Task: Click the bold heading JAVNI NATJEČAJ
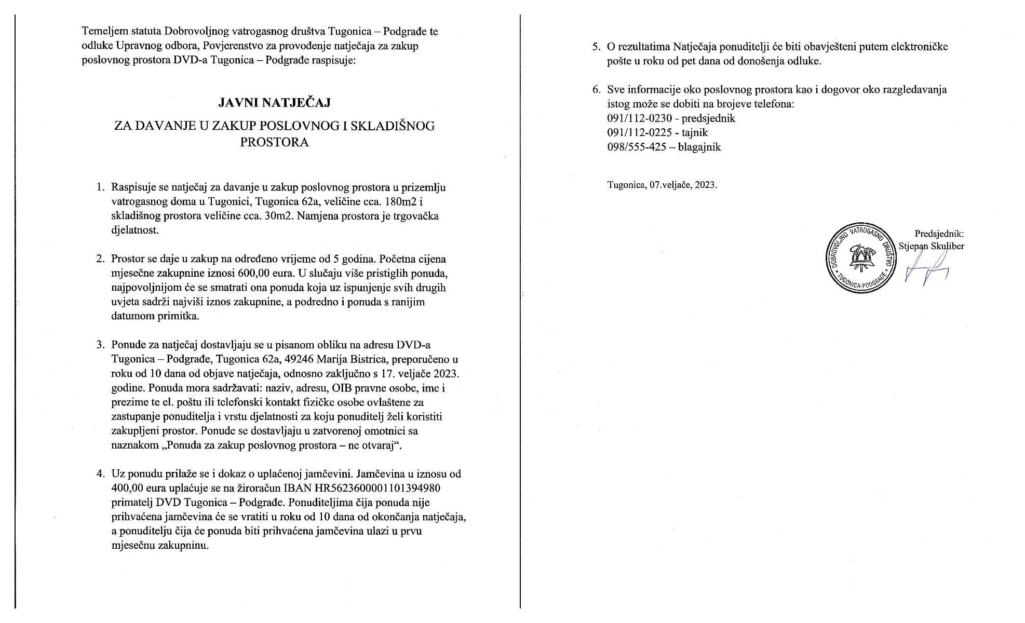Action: point(274,103)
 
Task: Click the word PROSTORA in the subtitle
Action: point(274,142)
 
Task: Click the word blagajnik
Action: point(699,147)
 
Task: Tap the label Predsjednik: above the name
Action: point(939,234)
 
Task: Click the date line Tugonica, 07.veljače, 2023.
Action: point(662,185)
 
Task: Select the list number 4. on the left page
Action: point(100,473)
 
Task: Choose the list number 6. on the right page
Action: point(597,89)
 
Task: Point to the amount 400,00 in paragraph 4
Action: point(127,488)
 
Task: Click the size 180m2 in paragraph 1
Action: point(398,201)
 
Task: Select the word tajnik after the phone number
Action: point(695,132)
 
